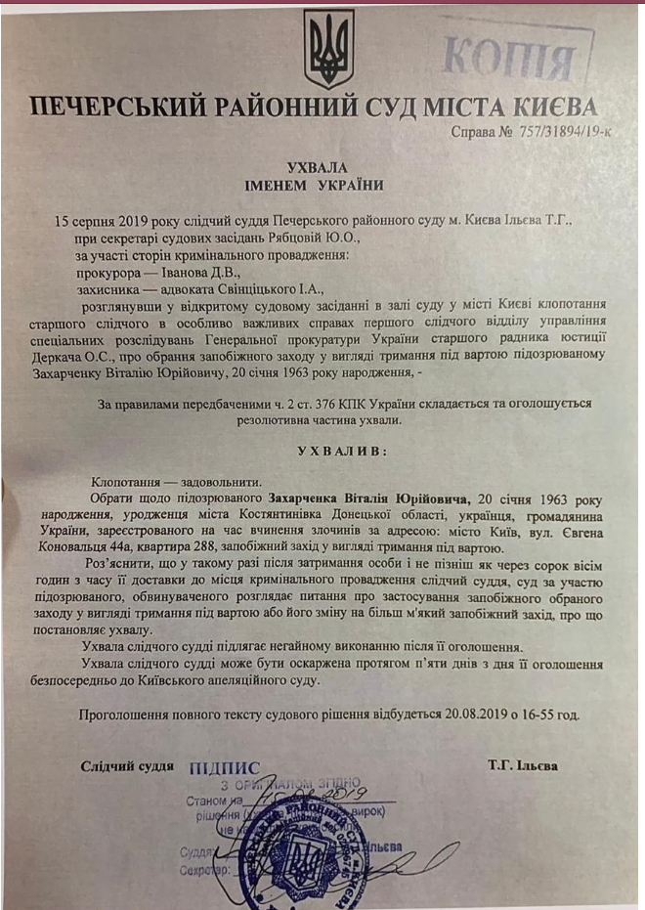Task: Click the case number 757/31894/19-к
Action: [x=551, y=133]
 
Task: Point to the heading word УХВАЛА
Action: [x=317, y=167]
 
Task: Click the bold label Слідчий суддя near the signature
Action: [x=127, y=765]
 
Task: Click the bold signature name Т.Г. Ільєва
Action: [x=524, y=765]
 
